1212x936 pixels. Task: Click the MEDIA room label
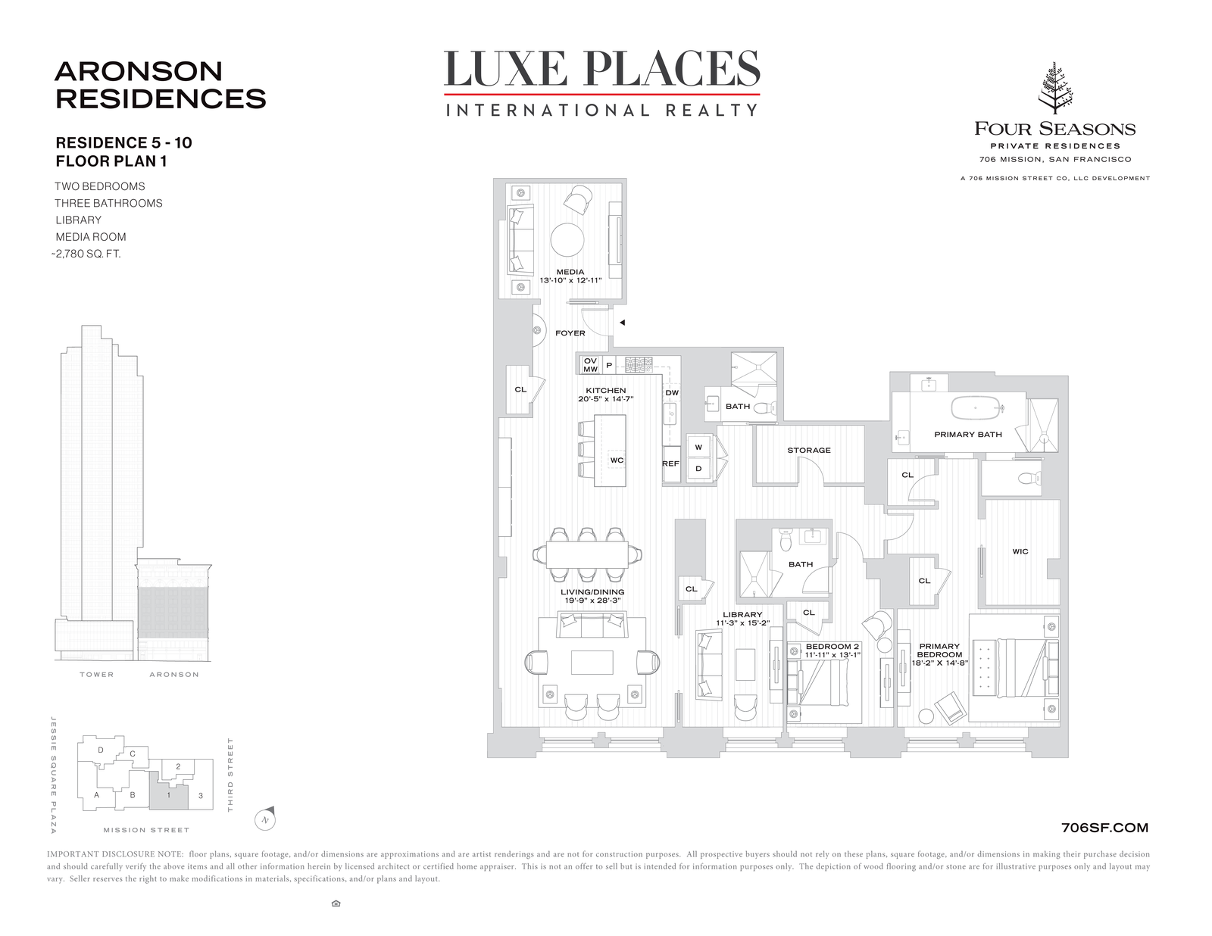coord(570,272)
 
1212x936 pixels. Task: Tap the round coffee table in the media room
coord(567,240)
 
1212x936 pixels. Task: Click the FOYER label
coord(570,332)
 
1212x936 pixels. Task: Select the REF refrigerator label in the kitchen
coord(670,463)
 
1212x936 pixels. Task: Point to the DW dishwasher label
coord(672,392)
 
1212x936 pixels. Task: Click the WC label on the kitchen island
coord(617,460)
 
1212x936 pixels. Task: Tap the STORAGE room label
coord(809,450)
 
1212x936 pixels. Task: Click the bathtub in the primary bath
coord(976,407)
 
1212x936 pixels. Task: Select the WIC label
coord(1020,551)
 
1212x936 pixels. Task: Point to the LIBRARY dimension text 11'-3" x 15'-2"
coord(743,622)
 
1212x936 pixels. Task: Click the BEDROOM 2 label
coord(829,647)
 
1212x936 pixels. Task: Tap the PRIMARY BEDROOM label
coord(939,651)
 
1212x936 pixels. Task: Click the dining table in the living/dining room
coord(587,554)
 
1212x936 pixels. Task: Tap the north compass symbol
coord(265,819)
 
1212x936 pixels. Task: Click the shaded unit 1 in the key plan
coord(168,791)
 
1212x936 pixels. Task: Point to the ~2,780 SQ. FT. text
coord(86,254)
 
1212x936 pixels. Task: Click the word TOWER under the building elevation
coord(96,675)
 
